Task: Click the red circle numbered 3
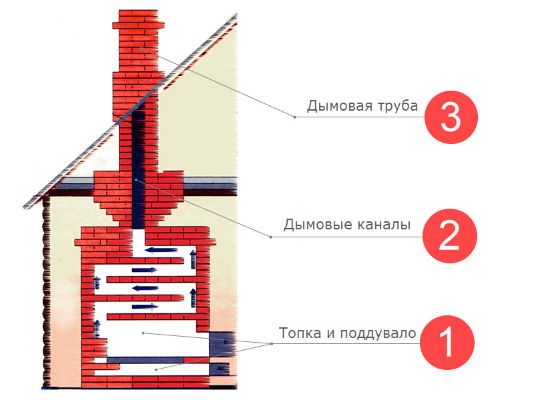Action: (451, 117)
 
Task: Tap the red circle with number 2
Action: (449, 236)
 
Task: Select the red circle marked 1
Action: (447, 343)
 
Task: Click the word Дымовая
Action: (340, 106)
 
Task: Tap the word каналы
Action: (384, 225)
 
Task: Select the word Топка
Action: (300, 333)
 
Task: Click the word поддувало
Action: (378, 333)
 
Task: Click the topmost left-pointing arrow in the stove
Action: (162, 251)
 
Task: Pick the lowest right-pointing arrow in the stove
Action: (144, 307)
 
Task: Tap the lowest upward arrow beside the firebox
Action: (97, 328)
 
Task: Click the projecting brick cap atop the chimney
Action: (139, 25)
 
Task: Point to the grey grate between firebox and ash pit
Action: (146, 360)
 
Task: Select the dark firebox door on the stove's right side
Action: (222, 343)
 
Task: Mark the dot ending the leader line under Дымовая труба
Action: (295, 117)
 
